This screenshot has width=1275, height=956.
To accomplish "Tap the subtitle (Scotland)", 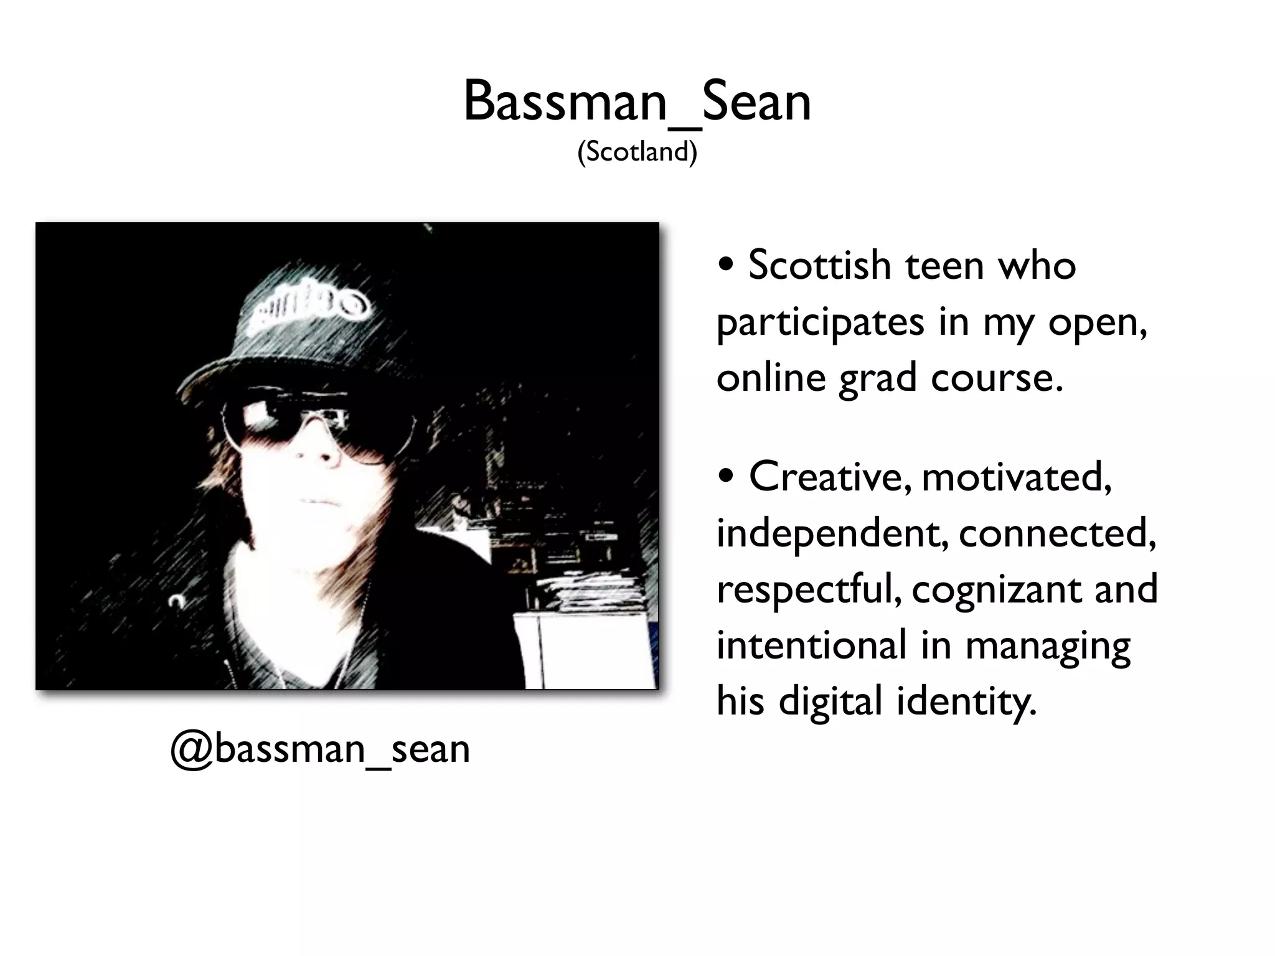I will tap(637, 151).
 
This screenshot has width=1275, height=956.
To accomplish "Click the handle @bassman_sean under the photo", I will tap(320, 749).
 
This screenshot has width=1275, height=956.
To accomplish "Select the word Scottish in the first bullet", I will tap(820, 266).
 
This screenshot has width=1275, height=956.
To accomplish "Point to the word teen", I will tap(945, 266).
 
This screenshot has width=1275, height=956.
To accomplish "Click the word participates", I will tap(820, 322).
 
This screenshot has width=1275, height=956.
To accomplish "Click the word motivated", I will tap(1016, 477).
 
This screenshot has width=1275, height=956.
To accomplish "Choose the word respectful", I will tap(809, 589).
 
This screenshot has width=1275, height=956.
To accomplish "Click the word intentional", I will tap(811, 645).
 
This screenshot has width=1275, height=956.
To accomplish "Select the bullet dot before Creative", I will tap(726, 478).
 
